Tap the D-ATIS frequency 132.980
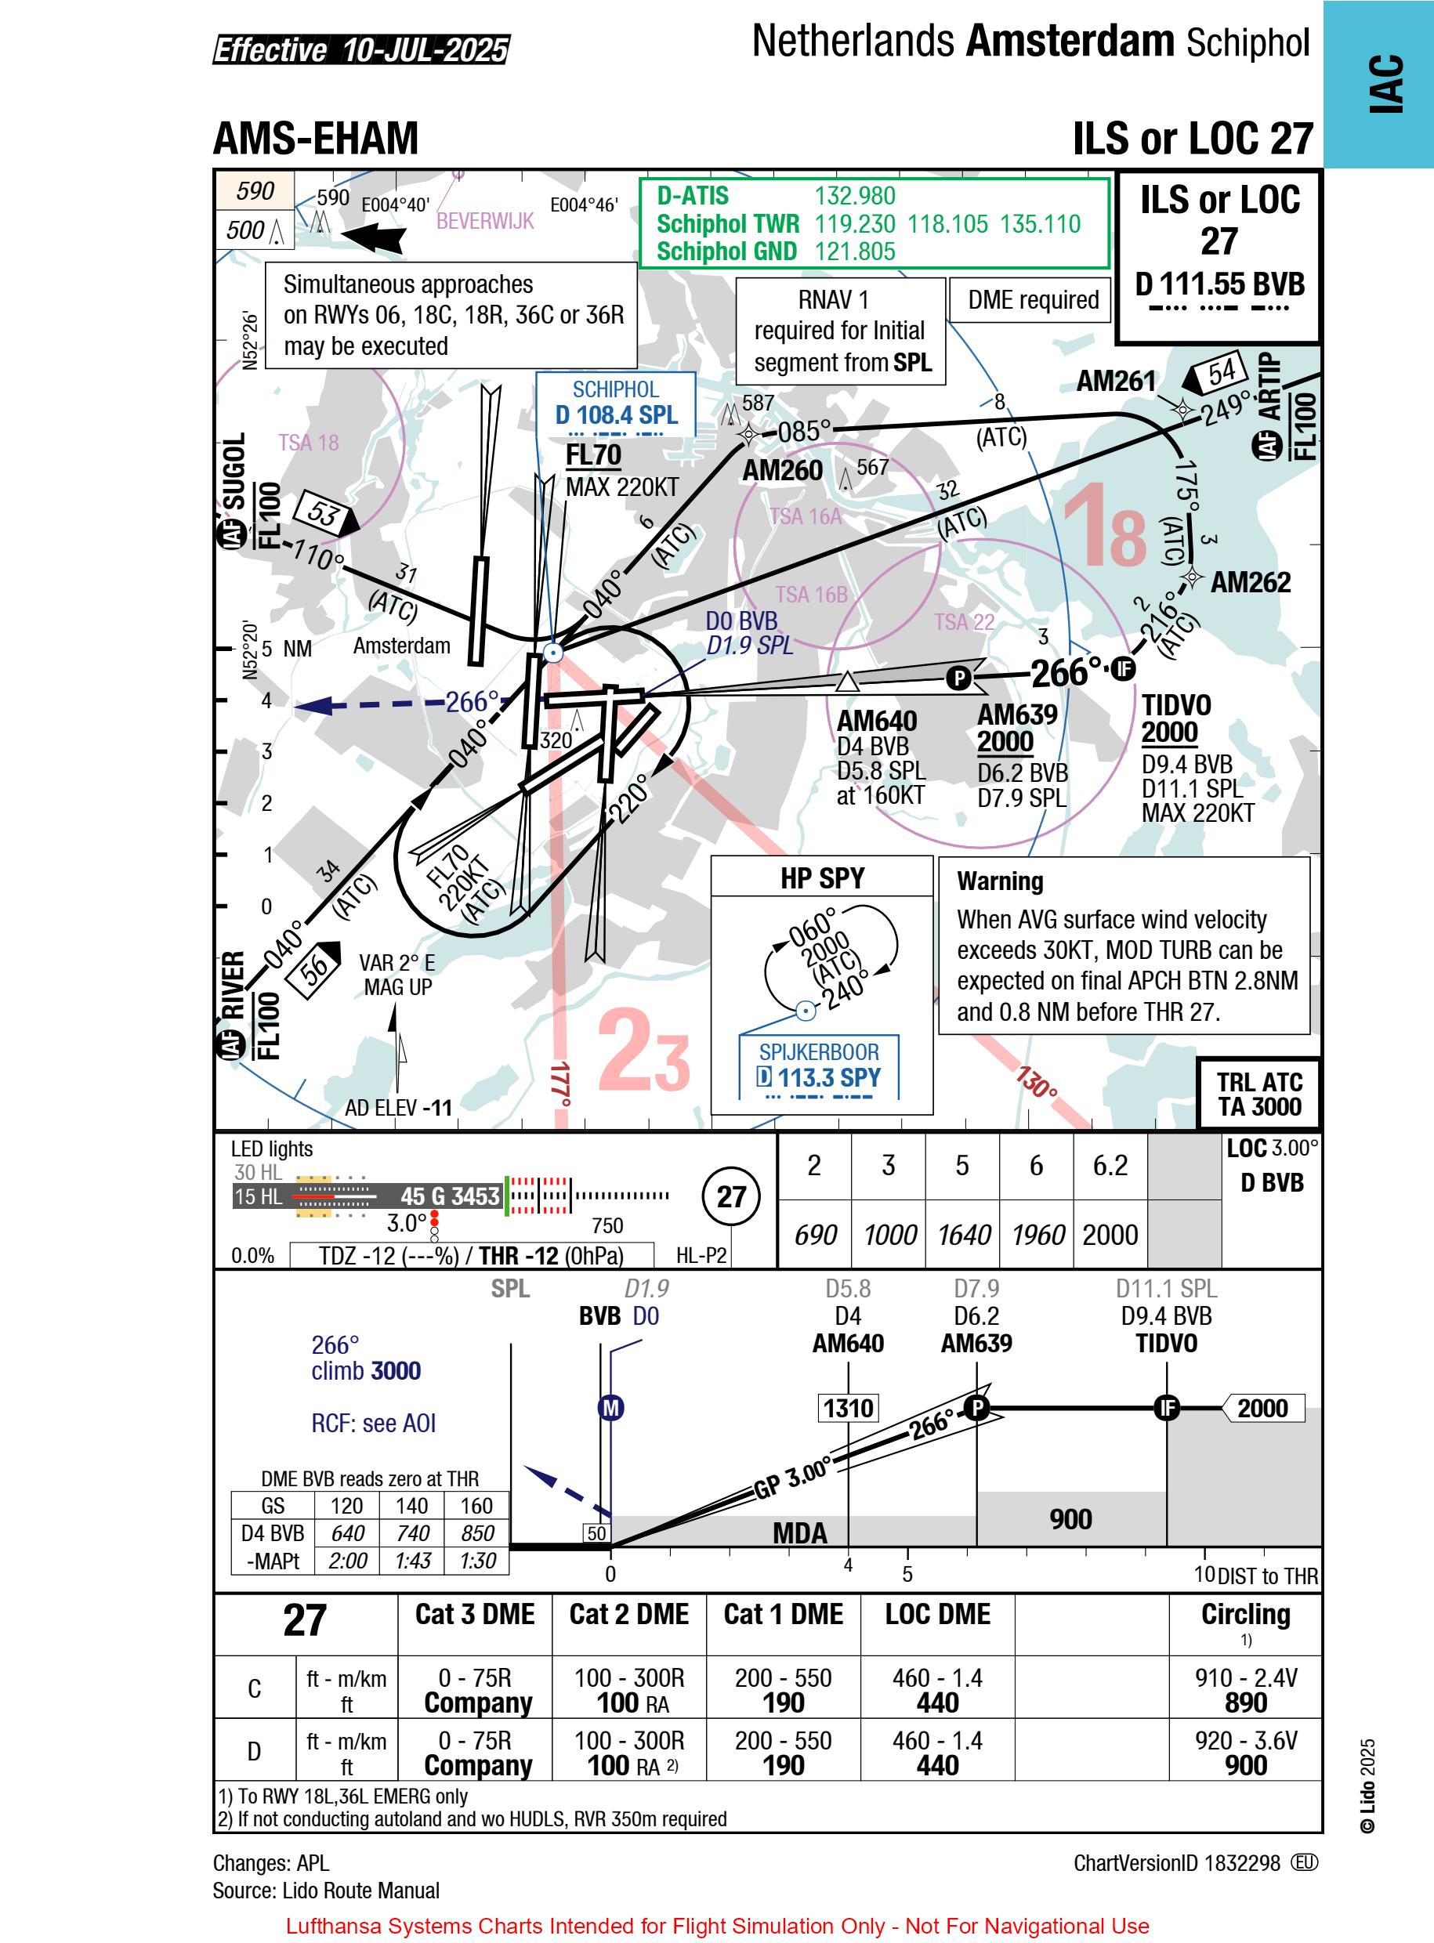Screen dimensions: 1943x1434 pos(854,196)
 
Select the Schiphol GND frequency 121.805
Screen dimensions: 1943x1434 pos(854,251)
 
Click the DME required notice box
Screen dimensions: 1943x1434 pos(1032,300)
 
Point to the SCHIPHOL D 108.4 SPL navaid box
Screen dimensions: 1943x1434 pos(615,406)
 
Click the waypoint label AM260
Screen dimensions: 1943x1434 pos(782,470)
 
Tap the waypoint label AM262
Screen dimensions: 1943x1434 pos(1249,582)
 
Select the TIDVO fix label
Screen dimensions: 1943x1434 pos(1175,704)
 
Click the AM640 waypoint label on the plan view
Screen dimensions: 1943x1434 pos(876,720)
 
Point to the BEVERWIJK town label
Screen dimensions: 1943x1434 pos(484,221)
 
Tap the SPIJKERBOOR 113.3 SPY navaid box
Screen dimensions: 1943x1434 pos(819,1066)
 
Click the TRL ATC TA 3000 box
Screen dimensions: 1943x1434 pos(1258,1095)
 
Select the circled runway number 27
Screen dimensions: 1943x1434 pos(731,1196)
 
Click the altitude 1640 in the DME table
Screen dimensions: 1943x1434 pos(962,1235)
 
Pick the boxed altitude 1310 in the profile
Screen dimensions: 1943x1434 pos(847,1408)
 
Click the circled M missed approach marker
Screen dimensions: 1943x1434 pos(611,1408)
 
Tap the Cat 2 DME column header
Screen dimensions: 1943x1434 pos(628,1614)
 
